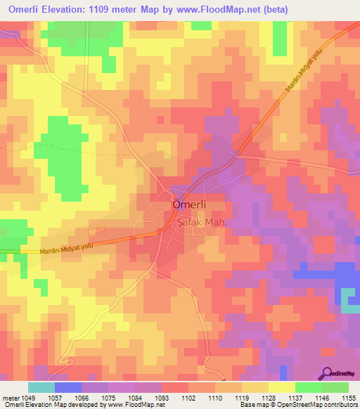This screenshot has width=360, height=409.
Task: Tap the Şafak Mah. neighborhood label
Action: [200, 221]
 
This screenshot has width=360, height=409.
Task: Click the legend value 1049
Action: [27, 397]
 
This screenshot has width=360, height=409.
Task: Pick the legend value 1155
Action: [348, 397]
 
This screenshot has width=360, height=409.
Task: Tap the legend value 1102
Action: [188, 397]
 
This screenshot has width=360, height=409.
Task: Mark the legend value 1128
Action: [268, 397]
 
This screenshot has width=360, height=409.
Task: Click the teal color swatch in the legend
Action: [41, 387]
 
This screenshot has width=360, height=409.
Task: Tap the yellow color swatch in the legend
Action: [281, 387]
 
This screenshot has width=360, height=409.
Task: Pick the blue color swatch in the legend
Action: [67, 387]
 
